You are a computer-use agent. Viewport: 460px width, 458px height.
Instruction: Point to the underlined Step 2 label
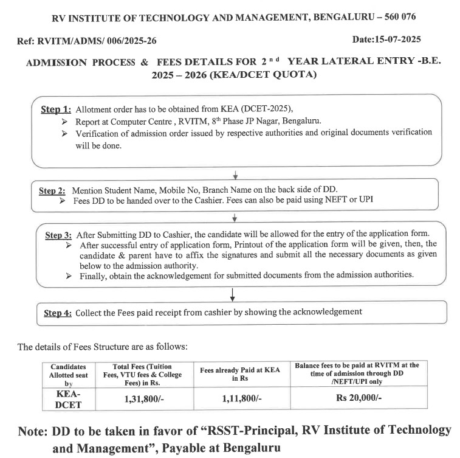[53, 190]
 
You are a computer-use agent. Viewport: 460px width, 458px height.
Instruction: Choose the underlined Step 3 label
[60, 234]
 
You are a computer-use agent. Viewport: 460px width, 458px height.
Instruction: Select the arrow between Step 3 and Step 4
[233, 294]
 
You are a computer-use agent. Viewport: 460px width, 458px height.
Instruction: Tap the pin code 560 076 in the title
[395, 16]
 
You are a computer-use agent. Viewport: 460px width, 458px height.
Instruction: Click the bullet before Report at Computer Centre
[65, 121]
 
